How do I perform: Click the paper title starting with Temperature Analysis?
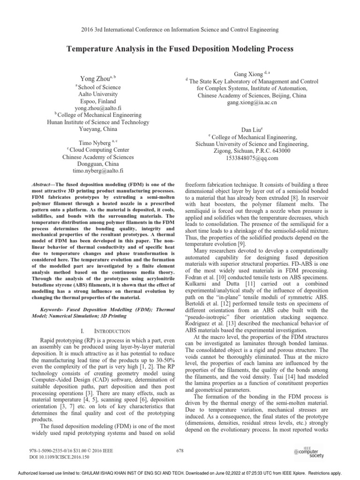(x=180, y=49)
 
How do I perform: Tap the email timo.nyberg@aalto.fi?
(x=97, y=172)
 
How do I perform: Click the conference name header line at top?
(x=180, y=30)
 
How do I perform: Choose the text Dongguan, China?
(x=97, y=165)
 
